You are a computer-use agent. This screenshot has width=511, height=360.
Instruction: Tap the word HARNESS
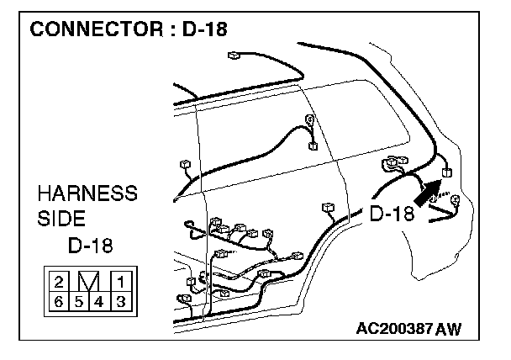pos(87,194)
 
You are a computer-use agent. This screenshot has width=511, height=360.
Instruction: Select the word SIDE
pos(61,219)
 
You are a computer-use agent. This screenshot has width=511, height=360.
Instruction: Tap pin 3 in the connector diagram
pos(120,300)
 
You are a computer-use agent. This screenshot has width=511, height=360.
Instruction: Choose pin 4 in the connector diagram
pos(100,300)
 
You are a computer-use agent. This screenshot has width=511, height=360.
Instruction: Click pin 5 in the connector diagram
pos(80,300)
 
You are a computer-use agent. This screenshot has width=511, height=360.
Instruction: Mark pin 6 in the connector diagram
pos(60,300)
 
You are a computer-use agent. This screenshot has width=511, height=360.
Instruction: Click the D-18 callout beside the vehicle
pos(392,213)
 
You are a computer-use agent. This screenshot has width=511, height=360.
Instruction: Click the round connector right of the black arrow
pos(456,200)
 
